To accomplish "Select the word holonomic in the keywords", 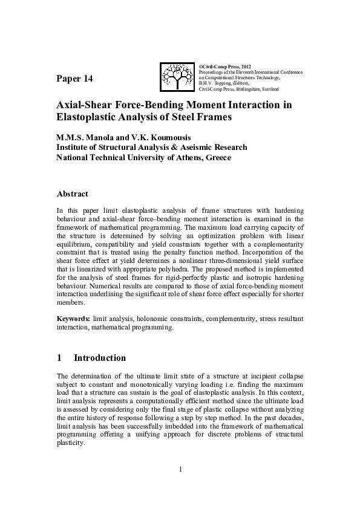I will [156, 318].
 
